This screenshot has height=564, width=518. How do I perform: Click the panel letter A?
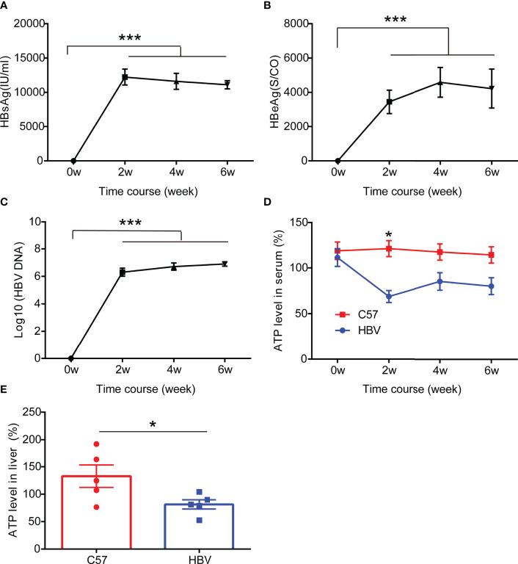coord(7,6)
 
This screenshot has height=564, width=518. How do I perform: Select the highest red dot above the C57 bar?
coord(95,444)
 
